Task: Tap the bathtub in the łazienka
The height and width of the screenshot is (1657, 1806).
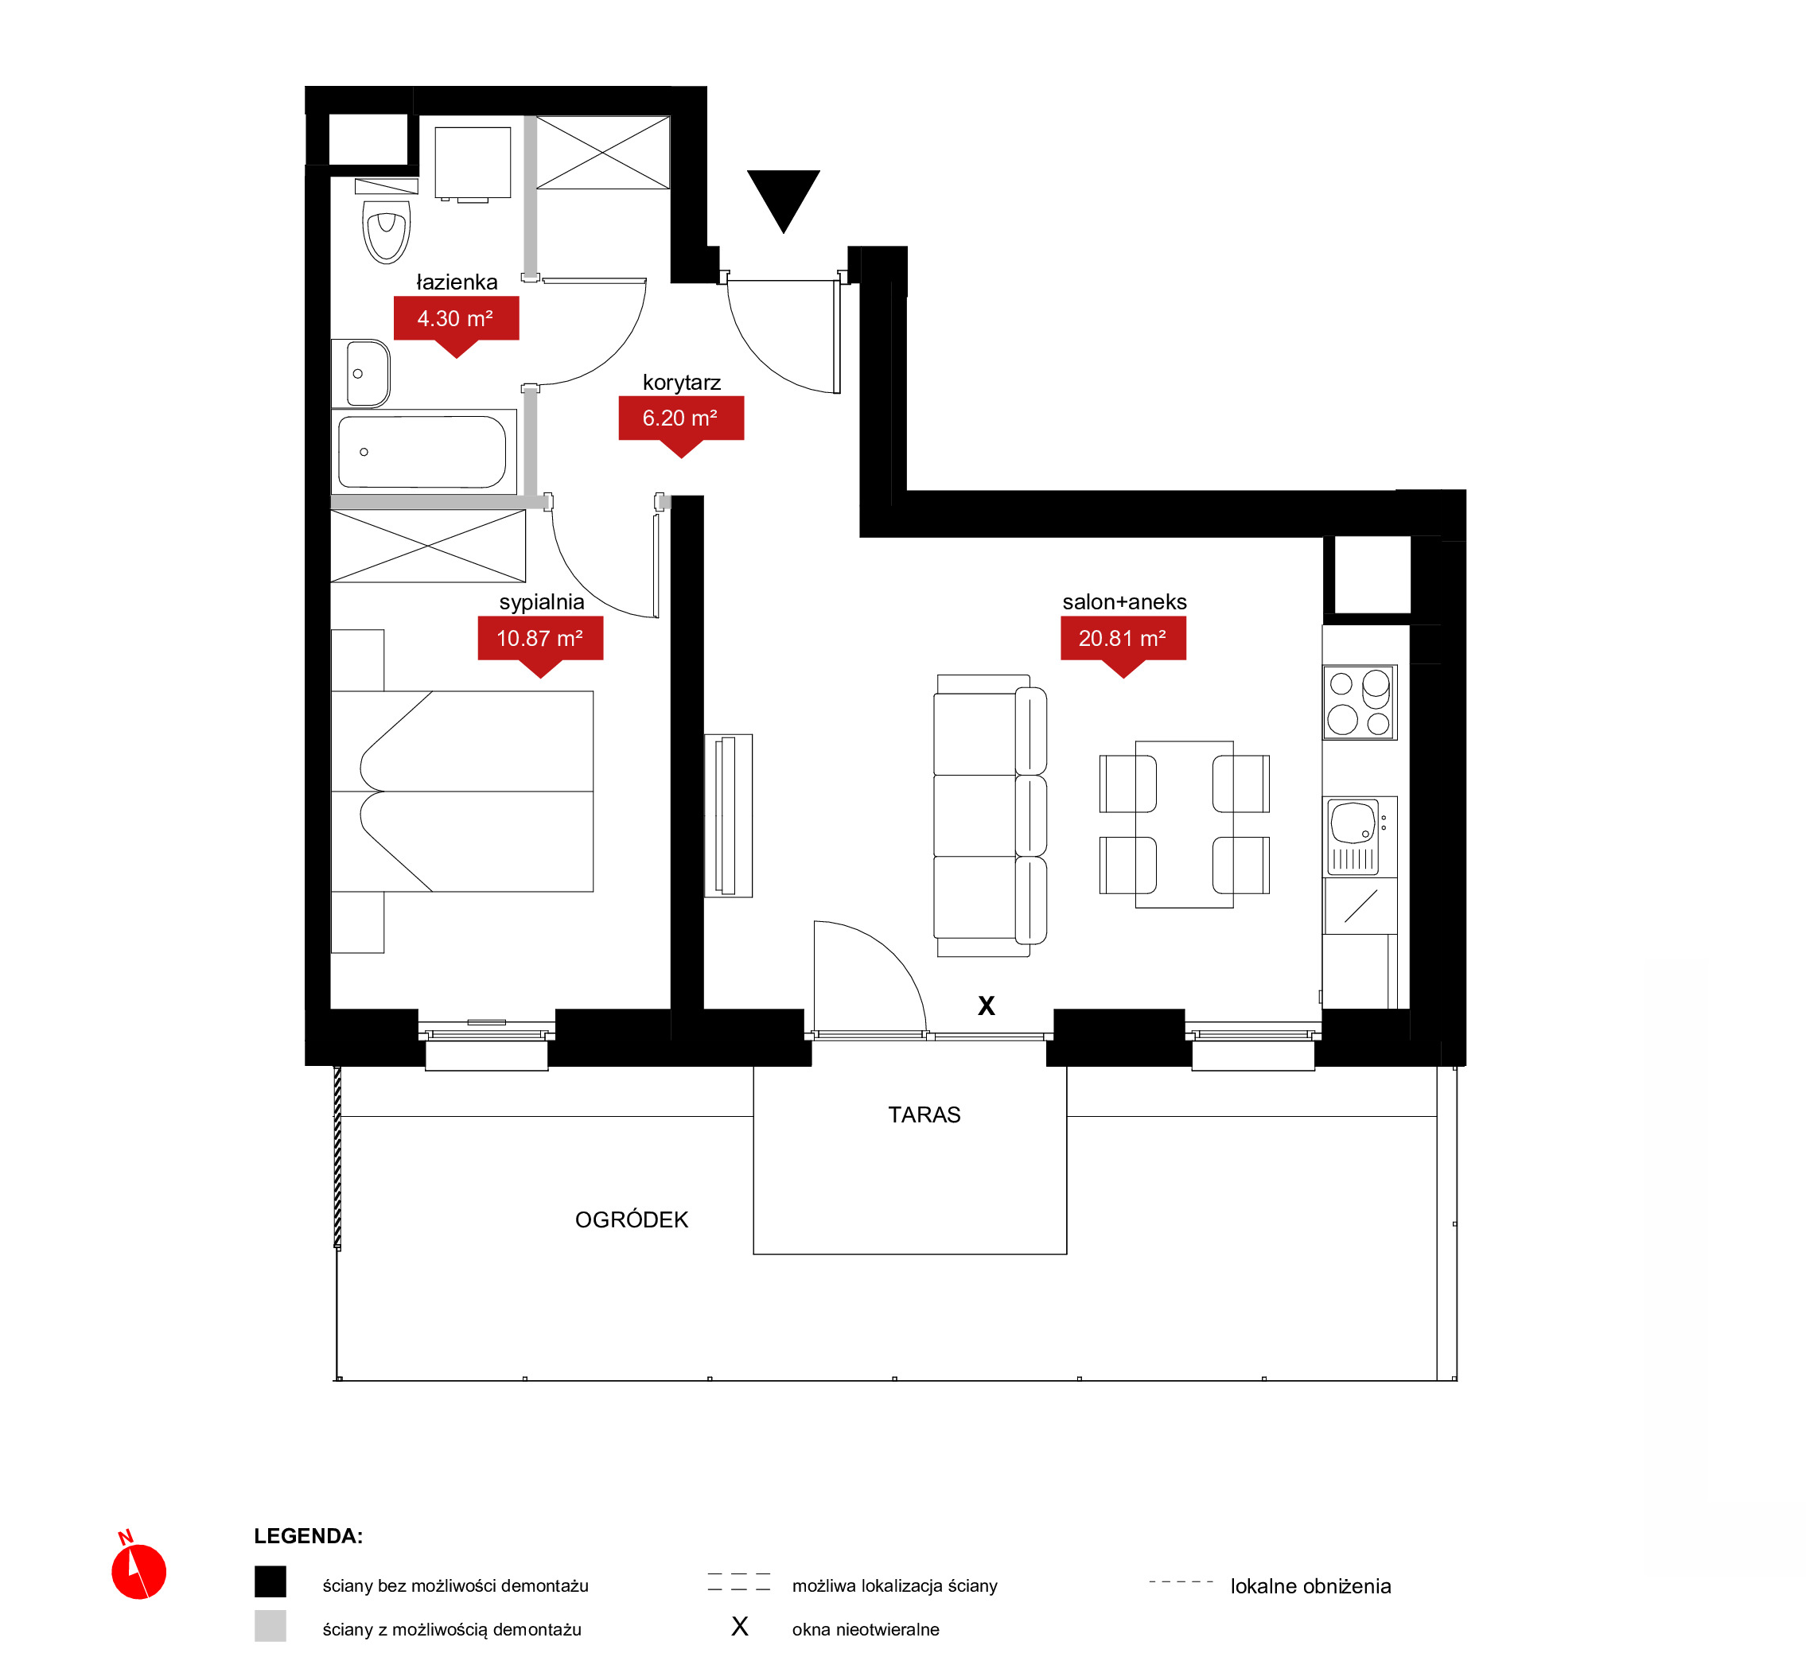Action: pyautogui.click(x=423, y=452)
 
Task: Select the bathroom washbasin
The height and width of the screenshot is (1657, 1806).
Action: pyautogui.click(x=360, y=374)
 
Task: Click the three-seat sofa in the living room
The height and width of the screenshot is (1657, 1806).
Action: pyautogui.click(x=990, y=816)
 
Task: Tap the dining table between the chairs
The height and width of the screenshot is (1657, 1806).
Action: pyautogui.click(x=1185, y=825)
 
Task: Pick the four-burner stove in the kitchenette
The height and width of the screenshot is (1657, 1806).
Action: pyautogui.click(x=1360, y=703)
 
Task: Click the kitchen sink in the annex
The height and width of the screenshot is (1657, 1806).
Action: pyautogui.click(x=1360, y=837)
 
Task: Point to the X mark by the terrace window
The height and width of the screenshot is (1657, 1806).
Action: pyautogui.click(x=987, y=1006)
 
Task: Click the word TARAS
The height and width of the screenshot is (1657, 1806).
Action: pyautogui.click(x=924, y=1114)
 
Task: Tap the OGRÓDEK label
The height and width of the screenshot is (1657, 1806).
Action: pyautogui.click(x=632, y=1219)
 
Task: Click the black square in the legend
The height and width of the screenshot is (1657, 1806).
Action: pyautogui.click(x=270, y=1581)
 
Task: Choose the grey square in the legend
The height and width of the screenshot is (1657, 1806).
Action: pyautogui.click(x=270, y=1626)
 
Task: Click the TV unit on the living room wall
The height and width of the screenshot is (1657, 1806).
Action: pyautogui.click(x=728, y=816)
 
